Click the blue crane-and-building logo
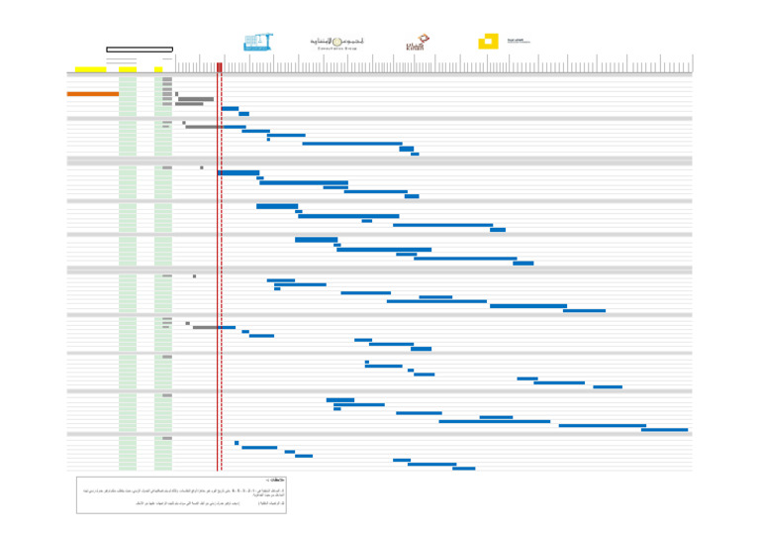click(258, 42)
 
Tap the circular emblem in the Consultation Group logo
click(338, 42)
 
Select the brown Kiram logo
click(416, 43)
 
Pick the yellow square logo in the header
click(487, 42)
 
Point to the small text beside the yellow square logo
click(519, 42)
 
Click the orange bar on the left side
click(92, 94)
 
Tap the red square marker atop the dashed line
click(219, 67)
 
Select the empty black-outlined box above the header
click(140, 49)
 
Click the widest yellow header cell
click(90, 69)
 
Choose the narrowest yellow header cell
click(158, 69)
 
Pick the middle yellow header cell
click(127, 69)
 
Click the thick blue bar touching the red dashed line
click(237, 172)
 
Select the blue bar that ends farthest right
click(664, 430)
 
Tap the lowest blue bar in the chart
click(463, 469)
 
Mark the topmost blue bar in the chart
click(230, 109)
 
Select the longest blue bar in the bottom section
click(431, 464)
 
